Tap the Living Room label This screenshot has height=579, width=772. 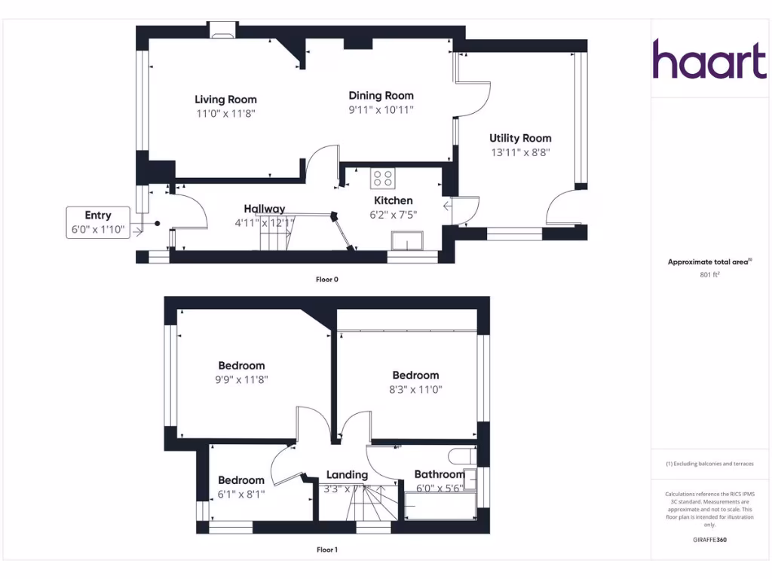point(225,100)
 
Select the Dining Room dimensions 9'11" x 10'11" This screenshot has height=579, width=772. point(381,110)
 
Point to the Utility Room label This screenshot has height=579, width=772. point(520,138)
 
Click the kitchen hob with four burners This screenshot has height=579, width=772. point(382,179)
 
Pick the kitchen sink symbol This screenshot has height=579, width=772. point(407,240)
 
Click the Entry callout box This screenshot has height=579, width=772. point(98,222)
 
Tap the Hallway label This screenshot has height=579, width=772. point(264,209)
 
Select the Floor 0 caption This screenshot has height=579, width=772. point(326,279)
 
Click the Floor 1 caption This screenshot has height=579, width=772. point(326,550)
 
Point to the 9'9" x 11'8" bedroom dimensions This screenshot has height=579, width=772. point(241,380)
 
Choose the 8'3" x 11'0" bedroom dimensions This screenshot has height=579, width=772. point(415,390)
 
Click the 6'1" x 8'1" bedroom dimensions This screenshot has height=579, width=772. point(241,495)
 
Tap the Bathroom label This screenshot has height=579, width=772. point(440,474)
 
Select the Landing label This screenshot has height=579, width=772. point(347,475)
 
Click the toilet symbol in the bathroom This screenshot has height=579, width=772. point(461,456)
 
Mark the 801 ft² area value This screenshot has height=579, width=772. point(709,275)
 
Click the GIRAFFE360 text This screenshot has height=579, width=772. point(709,540)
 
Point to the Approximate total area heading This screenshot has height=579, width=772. point(709,262)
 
